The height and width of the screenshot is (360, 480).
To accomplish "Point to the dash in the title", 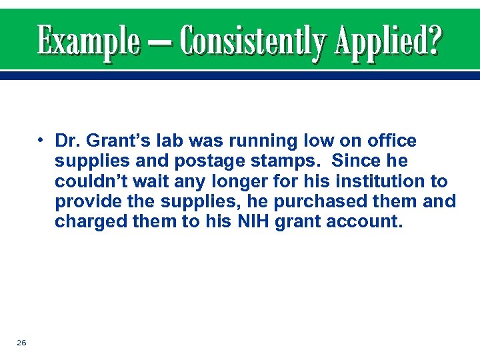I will (161, 43).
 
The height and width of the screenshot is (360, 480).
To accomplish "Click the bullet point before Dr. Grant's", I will (41, 141).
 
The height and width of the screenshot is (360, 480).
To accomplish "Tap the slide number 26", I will (21, 342).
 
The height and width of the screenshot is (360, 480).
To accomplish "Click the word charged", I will (85, 221).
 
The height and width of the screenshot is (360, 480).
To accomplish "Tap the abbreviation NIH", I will (250, 221).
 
